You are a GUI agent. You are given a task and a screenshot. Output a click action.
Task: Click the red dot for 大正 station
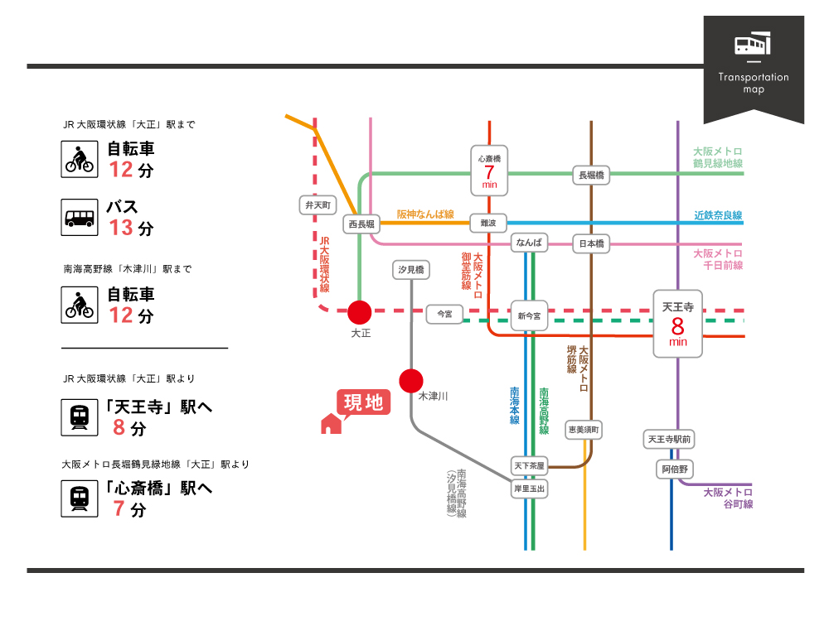point(359,312)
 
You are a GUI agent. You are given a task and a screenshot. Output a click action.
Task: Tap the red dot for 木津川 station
point(411,380)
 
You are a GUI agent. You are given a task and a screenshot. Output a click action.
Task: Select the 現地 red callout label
point(363,402)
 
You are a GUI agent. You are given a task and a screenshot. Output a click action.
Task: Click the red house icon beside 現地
point(331,424)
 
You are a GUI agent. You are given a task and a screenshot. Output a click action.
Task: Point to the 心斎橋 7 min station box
point(489,170)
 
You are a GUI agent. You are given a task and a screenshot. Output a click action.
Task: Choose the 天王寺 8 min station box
point(677,323)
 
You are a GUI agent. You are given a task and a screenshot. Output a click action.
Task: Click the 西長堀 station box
point(361,224)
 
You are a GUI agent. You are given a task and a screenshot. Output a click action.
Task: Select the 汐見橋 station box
point(411,270)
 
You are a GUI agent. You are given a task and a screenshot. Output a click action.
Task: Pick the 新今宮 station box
point(529,315)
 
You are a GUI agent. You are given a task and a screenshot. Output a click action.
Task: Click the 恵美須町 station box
point(584,430)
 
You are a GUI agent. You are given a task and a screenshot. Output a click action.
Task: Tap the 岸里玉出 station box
point(529,489)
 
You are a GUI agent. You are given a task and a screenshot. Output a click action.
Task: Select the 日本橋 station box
point(592,243)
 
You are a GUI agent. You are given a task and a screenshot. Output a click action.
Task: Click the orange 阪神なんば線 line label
point(425,214)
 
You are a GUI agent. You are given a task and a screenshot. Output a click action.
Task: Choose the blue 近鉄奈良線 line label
point(718,215)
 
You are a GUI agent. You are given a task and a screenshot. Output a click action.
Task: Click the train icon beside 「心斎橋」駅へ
point(80,498)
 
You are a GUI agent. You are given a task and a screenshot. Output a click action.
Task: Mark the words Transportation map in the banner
point(754,83)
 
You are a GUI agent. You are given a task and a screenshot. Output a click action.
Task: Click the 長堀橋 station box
point(592,175)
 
